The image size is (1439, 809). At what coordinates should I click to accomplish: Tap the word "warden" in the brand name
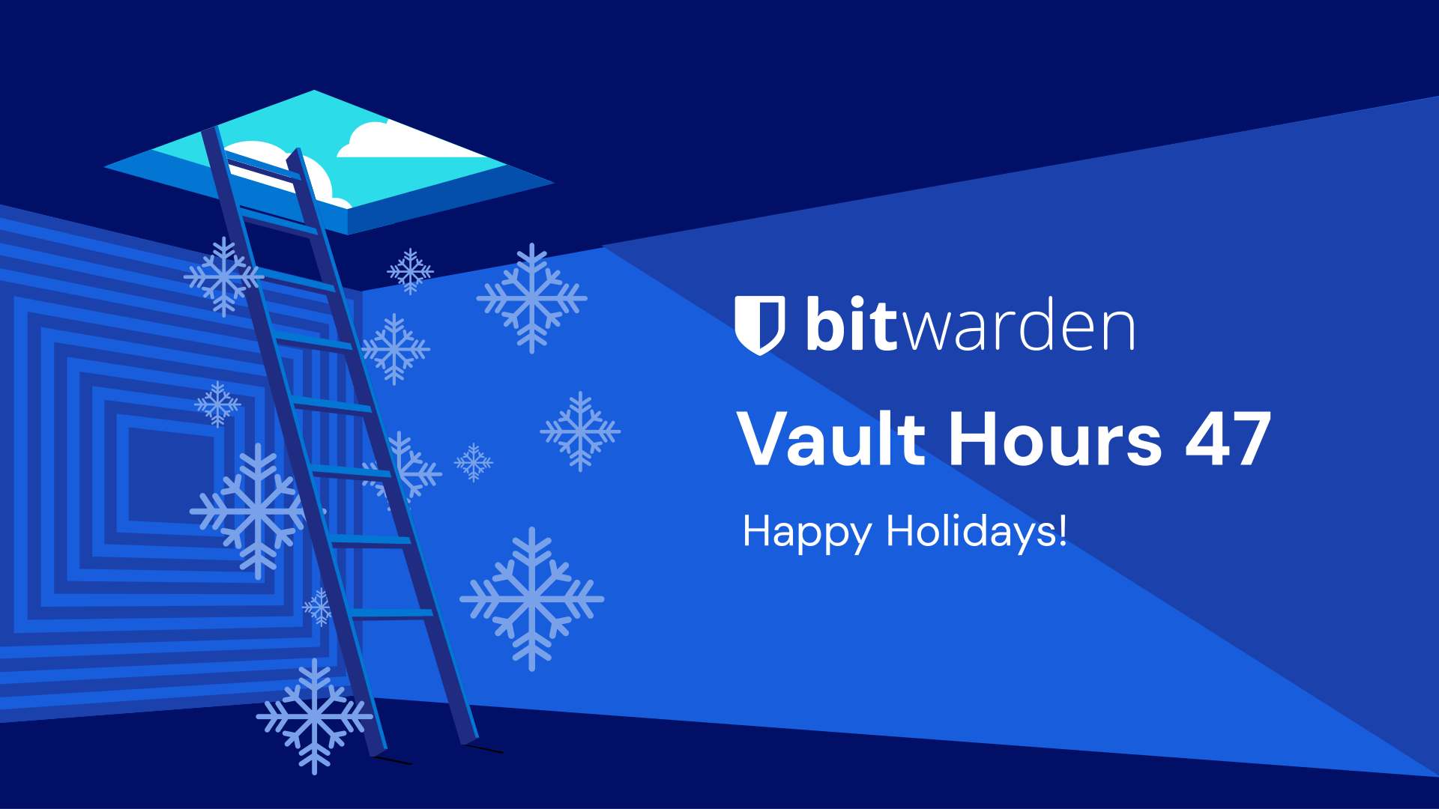pos(1019,328)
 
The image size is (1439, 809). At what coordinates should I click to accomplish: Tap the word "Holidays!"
pos(976,532)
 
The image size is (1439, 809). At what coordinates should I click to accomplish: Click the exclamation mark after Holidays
pos(1062,530)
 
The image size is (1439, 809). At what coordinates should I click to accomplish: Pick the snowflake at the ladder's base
pos(314,716)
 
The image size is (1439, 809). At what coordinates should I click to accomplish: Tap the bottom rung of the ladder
pos(391,613)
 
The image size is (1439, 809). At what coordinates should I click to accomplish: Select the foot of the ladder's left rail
pos(377,749)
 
